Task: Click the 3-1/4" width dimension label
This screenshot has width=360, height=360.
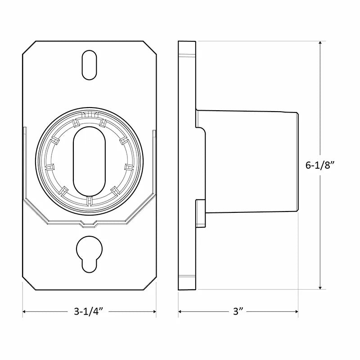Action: (88, 311)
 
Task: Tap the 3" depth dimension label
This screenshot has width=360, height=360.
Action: (238, 311)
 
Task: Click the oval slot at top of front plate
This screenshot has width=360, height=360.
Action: (89, 65)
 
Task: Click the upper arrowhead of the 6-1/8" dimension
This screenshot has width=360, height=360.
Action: (320, 44)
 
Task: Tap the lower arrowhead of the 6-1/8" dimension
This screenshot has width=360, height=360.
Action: (320, 287)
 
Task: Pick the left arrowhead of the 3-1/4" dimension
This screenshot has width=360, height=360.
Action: (25, 311)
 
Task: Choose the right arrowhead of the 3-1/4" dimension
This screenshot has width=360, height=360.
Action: (154, 311)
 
